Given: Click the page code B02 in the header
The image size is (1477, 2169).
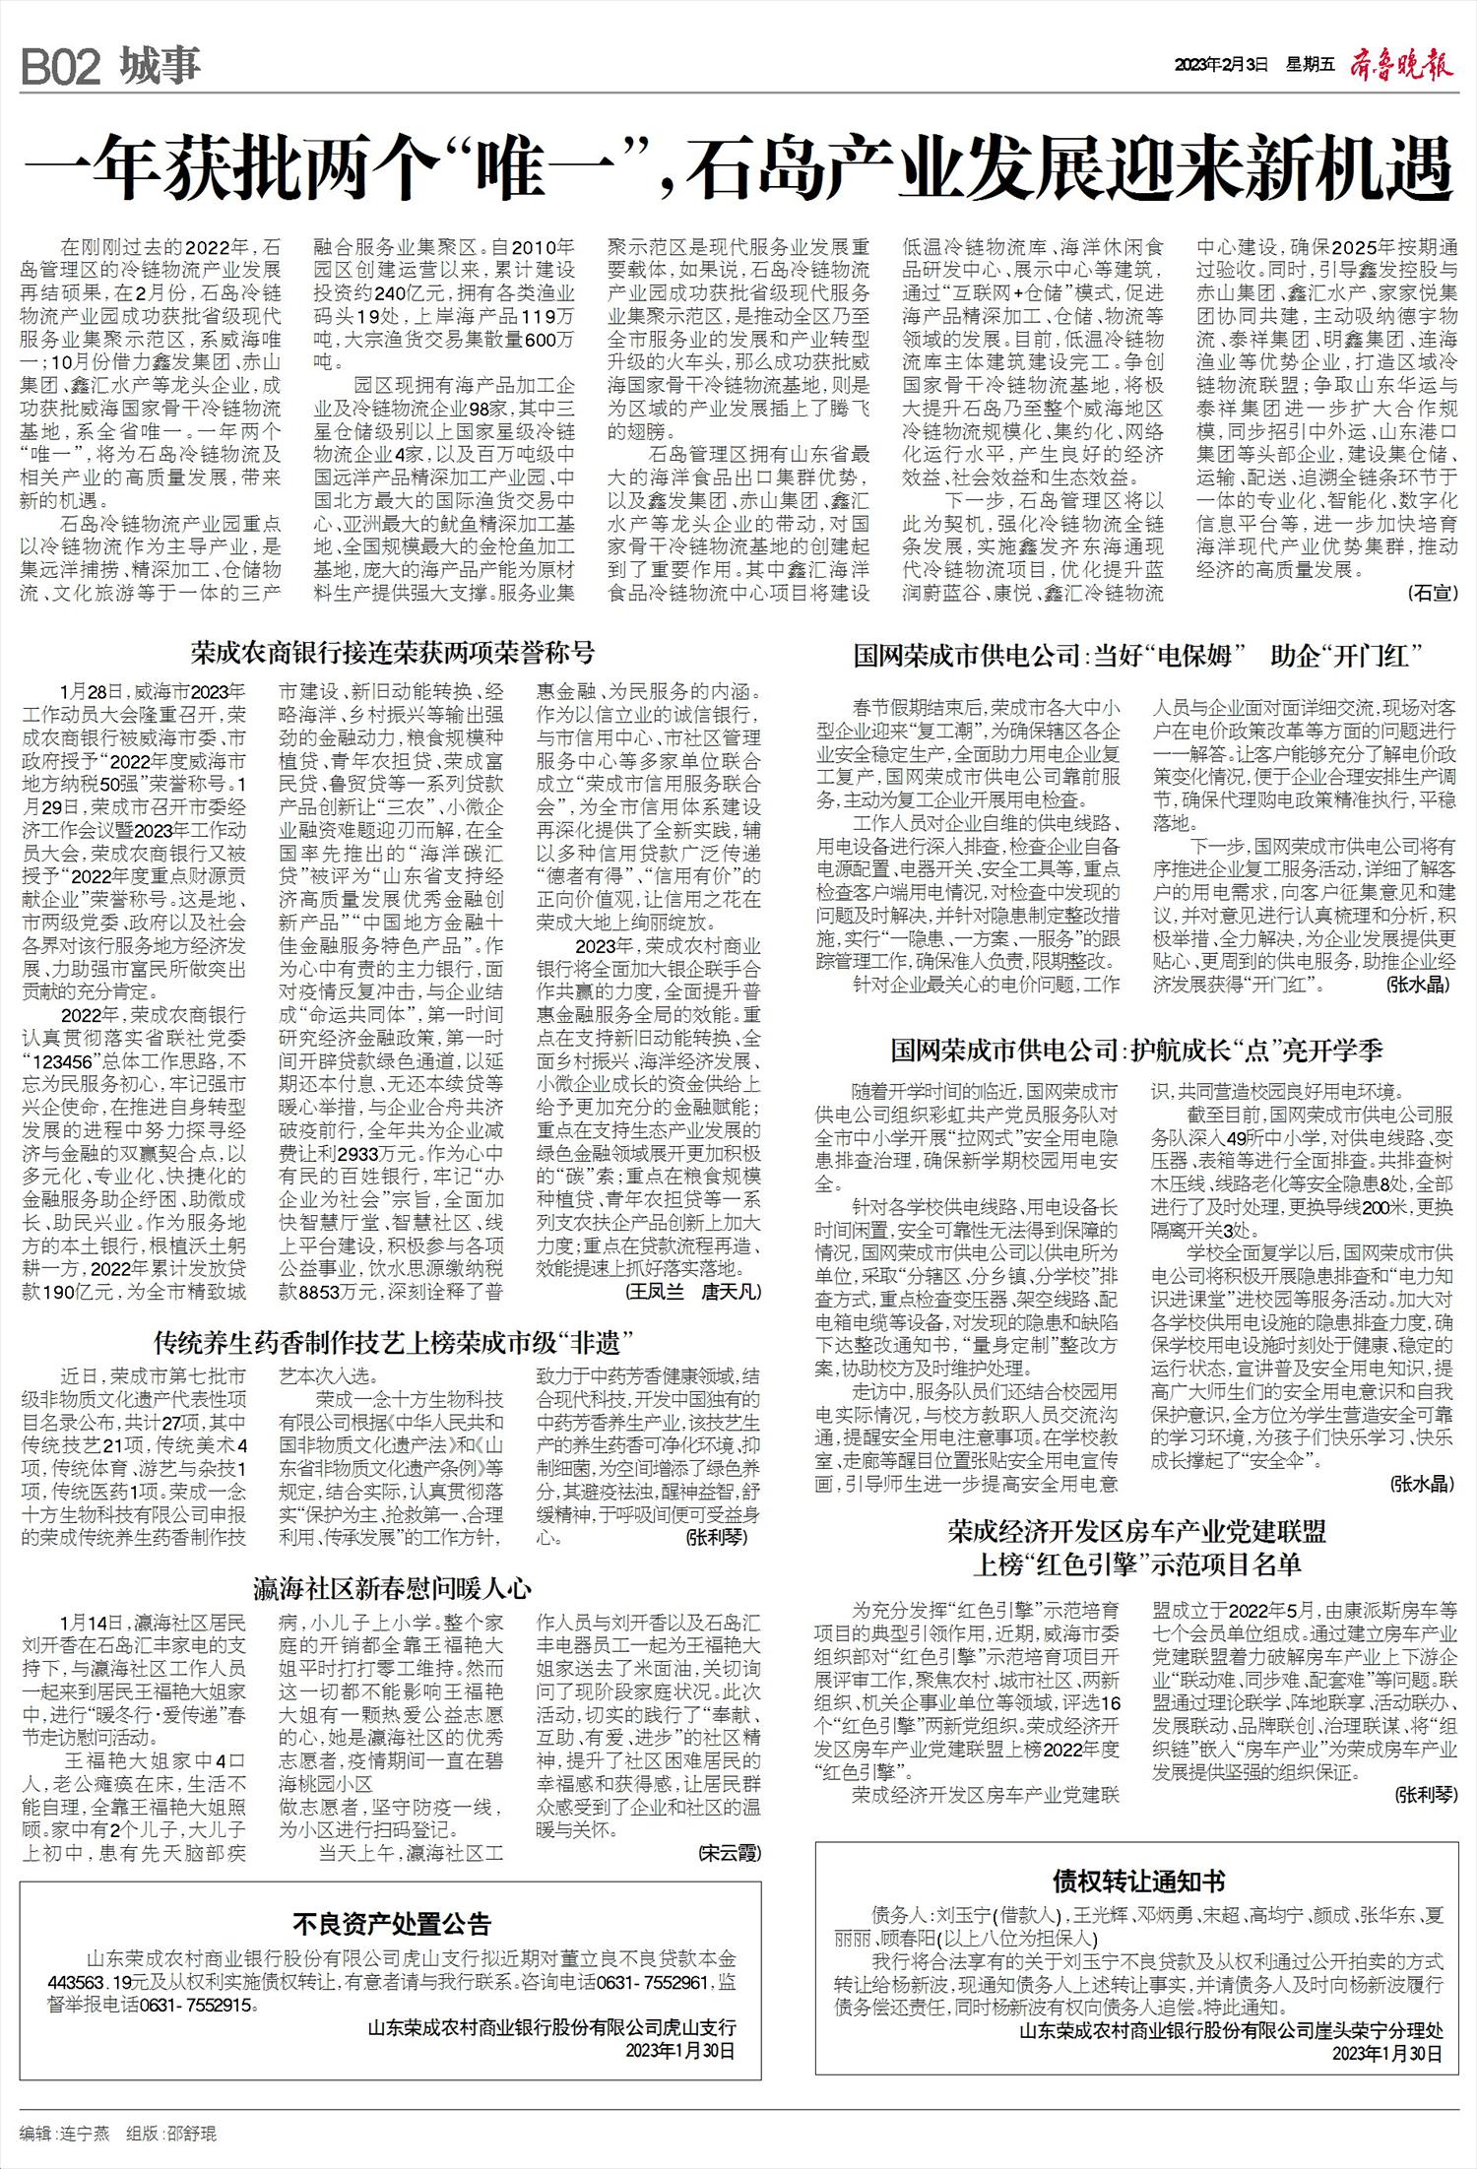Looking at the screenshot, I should (x=61, y=67).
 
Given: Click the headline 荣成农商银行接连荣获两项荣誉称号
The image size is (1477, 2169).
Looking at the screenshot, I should (x=393, y=653).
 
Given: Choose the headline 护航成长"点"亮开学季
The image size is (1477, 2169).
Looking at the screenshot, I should (x=1136, y=1051).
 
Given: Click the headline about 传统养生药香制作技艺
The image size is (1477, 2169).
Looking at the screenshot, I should (x=393, y=1341).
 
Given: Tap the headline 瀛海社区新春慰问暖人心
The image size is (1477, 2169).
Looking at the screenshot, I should (x=393, y=1588).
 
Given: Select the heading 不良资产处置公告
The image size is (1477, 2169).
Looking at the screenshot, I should (x=392, y=1924).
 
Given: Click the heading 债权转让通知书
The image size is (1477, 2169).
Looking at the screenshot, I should (x=1138, y=1882).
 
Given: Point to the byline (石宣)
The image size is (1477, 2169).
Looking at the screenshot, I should (x=1431, y=592).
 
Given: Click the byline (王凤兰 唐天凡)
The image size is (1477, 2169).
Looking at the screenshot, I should (x=693, y=1290).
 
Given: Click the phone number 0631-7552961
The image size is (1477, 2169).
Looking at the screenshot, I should (x=650, y=1981).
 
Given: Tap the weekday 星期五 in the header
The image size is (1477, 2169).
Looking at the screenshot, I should (x=1310, y=67).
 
